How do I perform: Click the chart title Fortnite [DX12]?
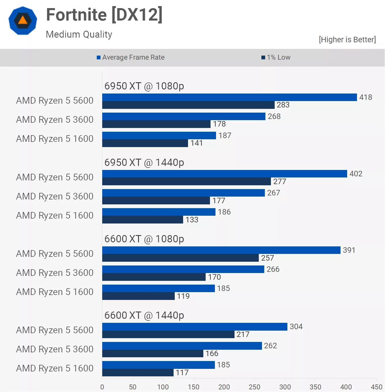click(104, 15)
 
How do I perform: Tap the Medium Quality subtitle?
click(79, 34)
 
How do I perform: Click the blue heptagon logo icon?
click(23, 21)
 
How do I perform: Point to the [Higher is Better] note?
click(347, 40)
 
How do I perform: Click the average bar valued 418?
click(229, 97)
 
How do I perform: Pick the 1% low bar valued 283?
click(188, 105)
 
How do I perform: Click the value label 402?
click(356, 174)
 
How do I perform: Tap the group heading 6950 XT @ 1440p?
click(144, 163)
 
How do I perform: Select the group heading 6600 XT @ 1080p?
click(144, 239)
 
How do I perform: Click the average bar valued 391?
click(221, 250)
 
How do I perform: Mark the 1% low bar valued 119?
click(138, 296)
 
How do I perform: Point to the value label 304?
click(296, 327)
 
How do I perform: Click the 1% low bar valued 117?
click(138, 373)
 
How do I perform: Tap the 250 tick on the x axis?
click(254, 387)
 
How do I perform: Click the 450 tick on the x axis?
click(376, 387)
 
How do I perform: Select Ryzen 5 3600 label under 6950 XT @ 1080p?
click(55, 120)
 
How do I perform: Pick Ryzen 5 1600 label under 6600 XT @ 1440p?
click(55, 369)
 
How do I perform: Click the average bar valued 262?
click(182, 346)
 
